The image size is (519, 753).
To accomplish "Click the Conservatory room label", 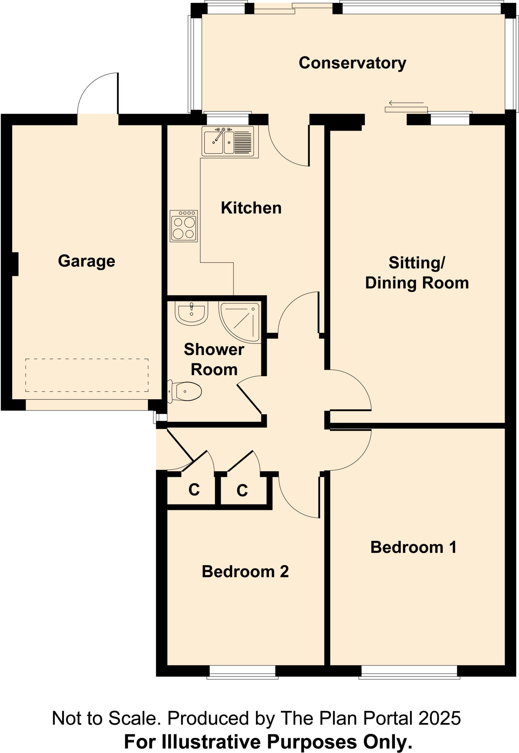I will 352,63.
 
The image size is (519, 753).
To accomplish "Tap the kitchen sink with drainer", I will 230,141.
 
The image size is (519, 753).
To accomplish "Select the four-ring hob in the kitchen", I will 184,226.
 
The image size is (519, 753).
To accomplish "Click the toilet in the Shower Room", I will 186,391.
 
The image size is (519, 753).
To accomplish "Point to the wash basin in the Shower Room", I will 191,313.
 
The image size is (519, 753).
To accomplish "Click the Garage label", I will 86,261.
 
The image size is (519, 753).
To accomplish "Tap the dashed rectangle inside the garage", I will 87,375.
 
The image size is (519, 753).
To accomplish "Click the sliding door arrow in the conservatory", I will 406,103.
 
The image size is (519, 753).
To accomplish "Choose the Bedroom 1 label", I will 413,547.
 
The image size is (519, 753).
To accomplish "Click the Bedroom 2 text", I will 245,571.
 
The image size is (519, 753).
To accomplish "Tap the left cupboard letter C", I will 194,489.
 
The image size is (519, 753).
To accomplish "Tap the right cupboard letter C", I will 242,490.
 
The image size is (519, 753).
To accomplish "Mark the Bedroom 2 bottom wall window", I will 242,671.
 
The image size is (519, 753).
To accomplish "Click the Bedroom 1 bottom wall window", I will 409,671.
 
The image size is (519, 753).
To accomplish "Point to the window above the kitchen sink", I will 227,119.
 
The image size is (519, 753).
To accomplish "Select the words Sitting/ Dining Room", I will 417,273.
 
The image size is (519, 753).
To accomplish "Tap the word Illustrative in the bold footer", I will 210,742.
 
